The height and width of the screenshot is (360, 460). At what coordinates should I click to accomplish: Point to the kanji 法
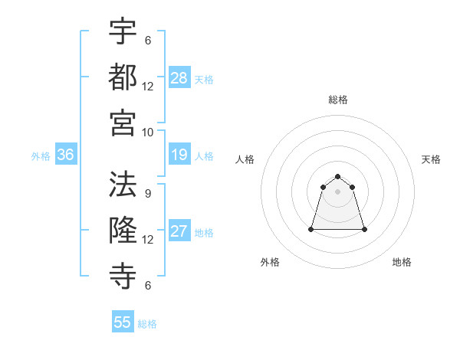(123, 184)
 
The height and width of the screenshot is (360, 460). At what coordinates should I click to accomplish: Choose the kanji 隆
(123, 230)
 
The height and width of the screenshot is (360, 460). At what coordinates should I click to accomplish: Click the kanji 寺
(123, 275)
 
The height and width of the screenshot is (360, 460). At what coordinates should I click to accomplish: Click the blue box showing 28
(179, 78)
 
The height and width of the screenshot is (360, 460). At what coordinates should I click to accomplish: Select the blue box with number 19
(179, 155)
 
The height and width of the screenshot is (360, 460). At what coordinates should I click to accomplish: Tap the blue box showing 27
(179, 232)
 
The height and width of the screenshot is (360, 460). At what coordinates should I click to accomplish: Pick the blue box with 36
(66, 155)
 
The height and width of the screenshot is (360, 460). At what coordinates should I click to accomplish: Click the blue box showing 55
(123, 322)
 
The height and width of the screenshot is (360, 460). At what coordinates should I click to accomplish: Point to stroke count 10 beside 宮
(148, 132)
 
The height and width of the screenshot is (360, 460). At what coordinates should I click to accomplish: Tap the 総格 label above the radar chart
(338, 100)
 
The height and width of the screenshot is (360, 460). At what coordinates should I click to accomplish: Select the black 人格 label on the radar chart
(245, 159)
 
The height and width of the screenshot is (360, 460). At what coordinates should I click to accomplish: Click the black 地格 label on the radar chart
(402, 262)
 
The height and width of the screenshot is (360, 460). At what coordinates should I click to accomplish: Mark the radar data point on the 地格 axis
(364, 229)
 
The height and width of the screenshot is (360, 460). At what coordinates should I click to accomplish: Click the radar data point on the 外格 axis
(312, 229)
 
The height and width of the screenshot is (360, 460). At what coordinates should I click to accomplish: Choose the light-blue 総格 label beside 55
(147, 323)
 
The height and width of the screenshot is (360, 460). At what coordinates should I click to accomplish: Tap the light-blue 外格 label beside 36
(41, 155)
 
